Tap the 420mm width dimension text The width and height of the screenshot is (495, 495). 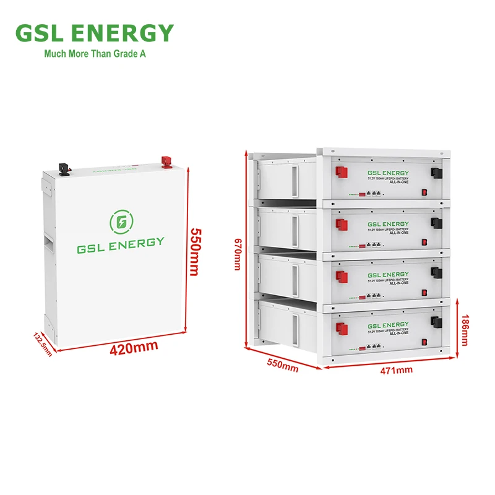[x=133, y=348]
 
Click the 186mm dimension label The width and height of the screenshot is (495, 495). [x=465, y=329]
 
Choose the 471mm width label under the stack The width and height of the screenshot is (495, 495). [x=395, y=370]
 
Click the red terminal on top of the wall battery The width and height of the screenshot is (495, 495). [x=166, y=163]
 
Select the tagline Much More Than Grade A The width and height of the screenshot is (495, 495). [x=95, y=54]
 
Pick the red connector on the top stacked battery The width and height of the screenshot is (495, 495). [x=340, y=172]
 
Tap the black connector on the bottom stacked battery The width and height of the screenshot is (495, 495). [x=437, y=322]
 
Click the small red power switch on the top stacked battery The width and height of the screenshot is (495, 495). [x=424, y=192]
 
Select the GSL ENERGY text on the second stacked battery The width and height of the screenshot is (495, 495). [x=388, y=224]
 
